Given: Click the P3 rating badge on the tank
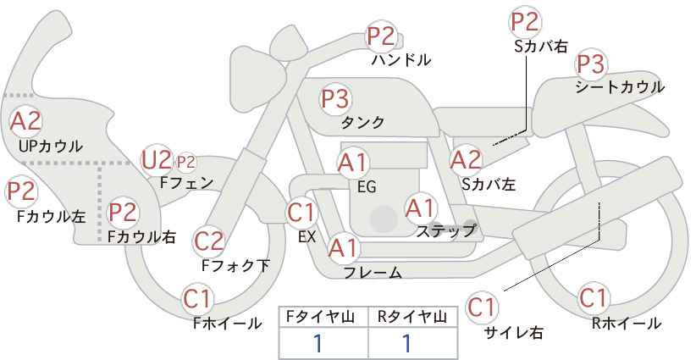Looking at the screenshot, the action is coord(335,98).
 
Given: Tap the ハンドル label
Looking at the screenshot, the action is coord(401,59).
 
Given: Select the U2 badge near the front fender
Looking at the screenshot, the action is coord(156,160).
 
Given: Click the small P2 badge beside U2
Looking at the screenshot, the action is coord(186,163).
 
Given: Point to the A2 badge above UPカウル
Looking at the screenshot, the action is coord(25,121).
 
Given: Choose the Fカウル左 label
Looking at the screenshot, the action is coord(51,217).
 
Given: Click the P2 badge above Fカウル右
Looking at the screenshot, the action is coord(123,212).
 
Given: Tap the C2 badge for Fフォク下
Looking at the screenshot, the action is coord(208,241).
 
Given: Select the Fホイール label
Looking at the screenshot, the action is coord(228,324).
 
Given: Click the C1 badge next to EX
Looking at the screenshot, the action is coord(301,213).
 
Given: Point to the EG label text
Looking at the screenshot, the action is coord(367,187).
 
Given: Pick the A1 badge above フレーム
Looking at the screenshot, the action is coord(343,248).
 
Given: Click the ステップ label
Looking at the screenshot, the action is coord(445,231).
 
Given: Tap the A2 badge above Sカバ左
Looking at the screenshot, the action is coord(466,160).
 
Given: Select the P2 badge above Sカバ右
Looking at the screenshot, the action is coord(525,22).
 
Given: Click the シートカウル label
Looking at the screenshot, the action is coord(620,86).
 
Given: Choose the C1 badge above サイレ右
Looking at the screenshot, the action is coord(482,307).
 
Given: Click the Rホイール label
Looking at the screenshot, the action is coord(627,324).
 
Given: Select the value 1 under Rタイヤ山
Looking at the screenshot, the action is coord(406,343).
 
